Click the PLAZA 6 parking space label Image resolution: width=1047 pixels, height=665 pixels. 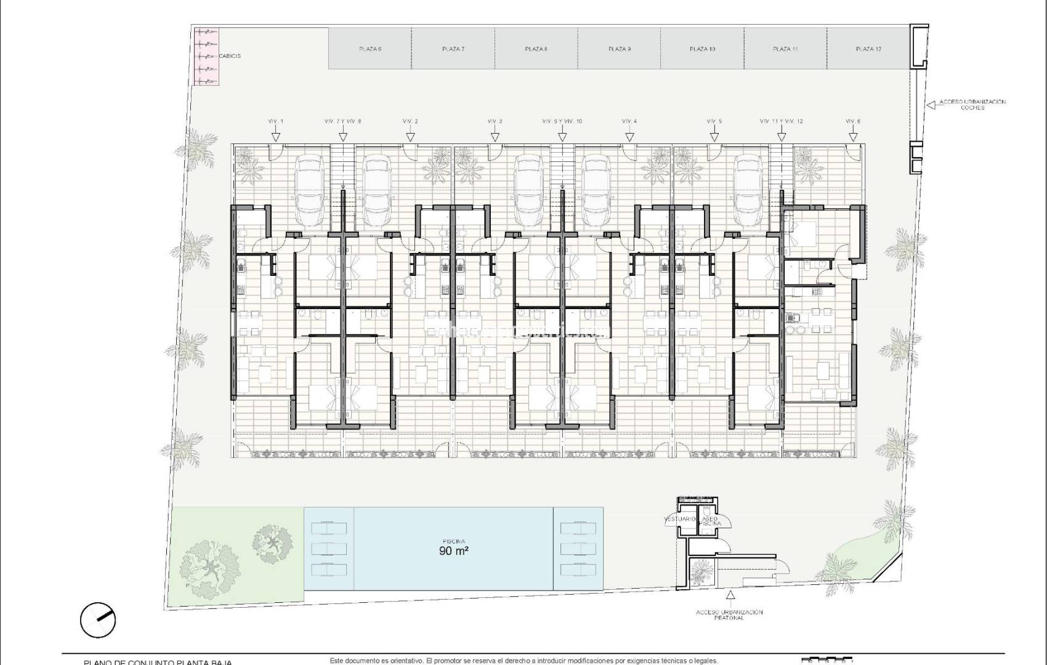(370, 49)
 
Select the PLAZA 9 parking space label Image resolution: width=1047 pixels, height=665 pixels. (619, 49)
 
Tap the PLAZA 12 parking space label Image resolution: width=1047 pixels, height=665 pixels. (868, 49)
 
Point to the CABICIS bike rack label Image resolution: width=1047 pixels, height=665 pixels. (229, 56)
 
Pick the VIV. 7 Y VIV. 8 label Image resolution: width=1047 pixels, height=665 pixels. (343, 121)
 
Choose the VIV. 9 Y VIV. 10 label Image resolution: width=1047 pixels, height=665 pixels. (562, 121)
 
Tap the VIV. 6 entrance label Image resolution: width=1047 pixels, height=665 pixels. (853, 121)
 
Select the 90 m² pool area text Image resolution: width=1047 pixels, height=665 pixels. (454, 552)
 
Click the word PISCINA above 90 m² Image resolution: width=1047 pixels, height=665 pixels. (453, 541)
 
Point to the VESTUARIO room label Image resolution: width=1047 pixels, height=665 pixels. (679, 520)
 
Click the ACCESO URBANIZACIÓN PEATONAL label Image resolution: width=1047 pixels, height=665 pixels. (730, 615)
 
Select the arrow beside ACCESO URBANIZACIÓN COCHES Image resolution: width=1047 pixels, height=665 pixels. (931, 105)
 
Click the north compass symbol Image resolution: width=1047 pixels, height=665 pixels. (98, 619)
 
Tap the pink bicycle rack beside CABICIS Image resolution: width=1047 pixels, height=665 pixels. (206, 56)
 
